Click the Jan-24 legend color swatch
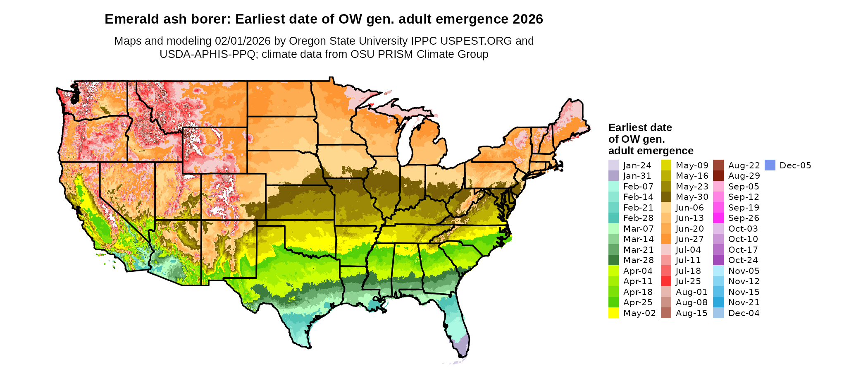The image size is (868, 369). click(x=613, y=165)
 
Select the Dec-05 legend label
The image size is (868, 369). click(x=795, y=165)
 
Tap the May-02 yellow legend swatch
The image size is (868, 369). click(x=613, y=313)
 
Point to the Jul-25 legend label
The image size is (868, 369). click(x=688, y=281)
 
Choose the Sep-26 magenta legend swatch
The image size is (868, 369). click(x=718, y=218)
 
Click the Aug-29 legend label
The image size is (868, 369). click(x=744, y=176)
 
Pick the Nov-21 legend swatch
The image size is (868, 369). click(x=718, y=302)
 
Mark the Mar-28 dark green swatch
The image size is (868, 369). click(x=613, y=260)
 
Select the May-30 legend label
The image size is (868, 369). click(x=692, y=197)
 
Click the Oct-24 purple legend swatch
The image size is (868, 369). click(x=718, y=260)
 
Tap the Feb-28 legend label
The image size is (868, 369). click(x=638, y=218)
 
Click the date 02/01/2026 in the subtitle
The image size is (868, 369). click(x=243, y=41)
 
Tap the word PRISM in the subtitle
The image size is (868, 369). click(x=394, y=54)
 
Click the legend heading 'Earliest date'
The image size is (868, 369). click(x=640, y=127)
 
